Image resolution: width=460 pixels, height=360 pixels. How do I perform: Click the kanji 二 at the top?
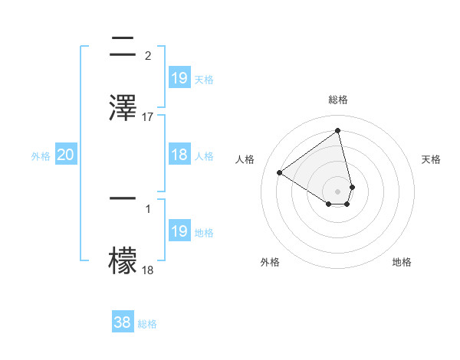pyautogui.click(x=123, y=48)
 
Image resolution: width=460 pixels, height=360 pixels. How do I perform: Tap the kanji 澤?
pyautogui.click(x=123, y=106)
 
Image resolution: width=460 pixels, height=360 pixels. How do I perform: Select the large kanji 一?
pyautogui.click(x=123, y=198)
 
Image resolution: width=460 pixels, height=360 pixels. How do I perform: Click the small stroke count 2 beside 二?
pyautogui.click(x=148, y=55)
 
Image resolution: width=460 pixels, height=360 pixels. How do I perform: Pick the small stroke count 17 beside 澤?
pyautogui.click(x=148, y=117)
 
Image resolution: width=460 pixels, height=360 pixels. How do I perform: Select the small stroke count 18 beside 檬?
pyautogui.click(x=148, y=270)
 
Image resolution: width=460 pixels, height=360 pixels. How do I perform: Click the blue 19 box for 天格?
pyautogui.click(x=179, y=78)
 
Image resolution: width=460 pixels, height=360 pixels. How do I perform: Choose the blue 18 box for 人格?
pyautogui.click(x=179, y=155)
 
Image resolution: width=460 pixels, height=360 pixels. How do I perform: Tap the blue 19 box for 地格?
pyautogui.click(x=179, y=231)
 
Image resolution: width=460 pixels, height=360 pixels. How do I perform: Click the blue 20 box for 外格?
pyautogui.click(x=65, y=155)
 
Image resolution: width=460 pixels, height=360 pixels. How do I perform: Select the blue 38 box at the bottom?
pyautogui.click(x=123, y=322)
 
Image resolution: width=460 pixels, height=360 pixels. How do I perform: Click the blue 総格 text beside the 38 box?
pyautogui.click(x=147, y=324)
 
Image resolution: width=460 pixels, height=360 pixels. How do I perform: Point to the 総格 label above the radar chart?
pyautogui.click(x=337, y=100)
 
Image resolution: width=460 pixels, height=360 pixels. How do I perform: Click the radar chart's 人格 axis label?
pyautogui.click(x=245, y=159)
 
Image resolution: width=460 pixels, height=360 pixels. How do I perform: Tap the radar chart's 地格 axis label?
pyautogui.click(x=402, y=262)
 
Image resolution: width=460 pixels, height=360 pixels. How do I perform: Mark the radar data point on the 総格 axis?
pyautogui.click(x=337, y=131)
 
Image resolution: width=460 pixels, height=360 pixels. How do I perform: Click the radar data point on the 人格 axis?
pyautogui.click(x=280, y=173)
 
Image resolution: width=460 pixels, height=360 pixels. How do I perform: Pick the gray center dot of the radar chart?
pyautogui.click(x=337, y=191)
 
